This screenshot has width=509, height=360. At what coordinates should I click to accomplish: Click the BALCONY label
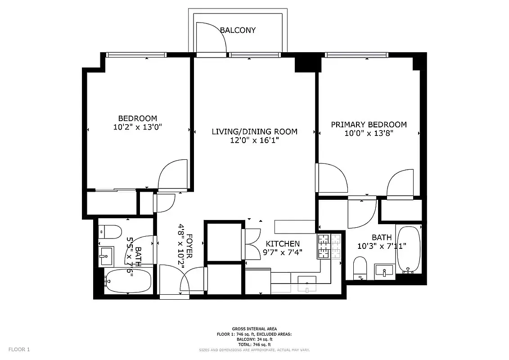(x=238, y=30)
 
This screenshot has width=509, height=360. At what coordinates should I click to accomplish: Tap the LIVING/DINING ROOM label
(x=254, y=131)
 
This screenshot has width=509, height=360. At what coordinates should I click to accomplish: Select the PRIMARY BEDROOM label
(x=369, y=125)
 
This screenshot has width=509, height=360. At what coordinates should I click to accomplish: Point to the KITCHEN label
(x=282, y=244)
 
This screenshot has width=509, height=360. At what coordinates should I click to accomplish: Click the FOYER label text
(x=189, y=246)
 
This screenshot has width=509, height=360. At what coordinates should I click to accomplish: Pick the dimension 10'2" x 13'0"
(x=137, y=127)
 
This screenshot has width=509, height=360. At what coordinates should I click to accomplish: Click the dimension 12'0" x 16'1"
(x=254, y=140)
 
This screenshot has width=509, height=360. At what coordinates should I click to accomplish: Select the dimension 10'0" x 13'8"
(x=369, y=133)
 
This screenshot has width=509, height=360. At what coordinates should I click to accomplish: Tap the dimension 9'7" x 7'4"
(x=282, y=252)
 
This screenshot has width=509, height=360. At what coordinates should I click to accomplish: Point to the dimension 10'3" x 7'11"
(x=382, y=246)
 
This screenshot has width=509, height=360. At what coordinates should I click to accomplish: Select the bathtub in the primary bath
(x=409, y=250)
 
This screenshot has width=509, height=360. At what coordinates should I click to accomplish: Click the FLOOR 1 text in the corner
(x=19, y=349)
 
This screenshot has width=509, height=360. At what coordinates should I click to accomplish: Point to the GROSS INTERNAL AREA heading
(x=254, y=329)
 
